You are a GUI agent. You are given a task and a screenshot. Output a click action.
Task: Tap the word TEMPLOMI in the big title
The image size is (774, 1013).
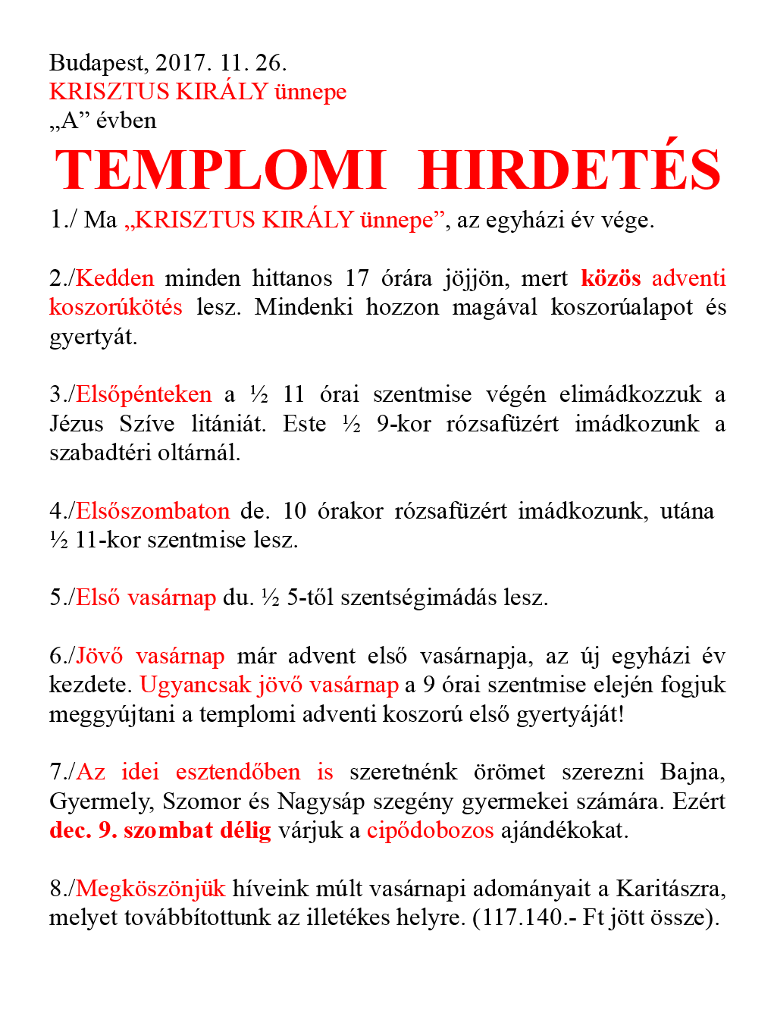pyautogui.click(x=221, y=170)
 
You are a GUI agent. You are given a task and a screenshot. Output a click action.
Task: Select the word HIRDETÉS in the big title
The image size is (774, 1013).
pyautogui.click(x=569, y=170)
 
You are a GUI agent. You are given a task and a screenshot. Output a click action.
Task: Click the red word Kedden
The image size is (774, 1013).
pyautogui.click(x=115, y=278)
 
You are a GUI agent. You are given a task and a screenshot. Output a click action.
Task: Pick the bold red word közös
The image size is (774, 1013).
pyautogui.click(x=611, y=278)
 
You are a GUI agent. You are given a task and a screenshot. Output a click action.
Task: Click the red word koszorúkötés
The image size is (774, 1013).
pyautogui.click(x=116, y=307)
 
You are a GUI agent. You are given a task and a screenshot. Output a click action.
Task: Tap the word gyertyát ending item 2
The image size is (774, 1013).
pyautogui.click(x=93, y=337)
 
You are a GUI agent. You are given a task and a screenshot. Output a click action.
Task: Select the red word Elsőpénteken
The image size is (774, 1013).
pyautogui.click(x=144, y=394)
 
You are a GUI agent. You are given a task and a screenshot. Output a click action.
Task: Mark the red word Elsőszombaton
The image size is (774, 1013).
pyautogui.click(x=152, y=511)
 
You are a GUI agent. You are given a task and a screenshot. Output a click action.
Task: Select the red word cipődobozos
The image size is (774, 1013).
pyautogui.click(x=430, y=830)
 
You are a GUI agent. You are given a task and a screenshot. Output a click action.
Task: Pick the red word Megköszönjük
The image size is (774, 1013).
pyautogui.click(x=151, y=889)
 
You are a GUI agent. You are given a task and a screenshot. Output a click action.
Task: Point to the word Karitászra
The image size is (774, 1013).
pyautogui.click(x=670, y=889)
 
